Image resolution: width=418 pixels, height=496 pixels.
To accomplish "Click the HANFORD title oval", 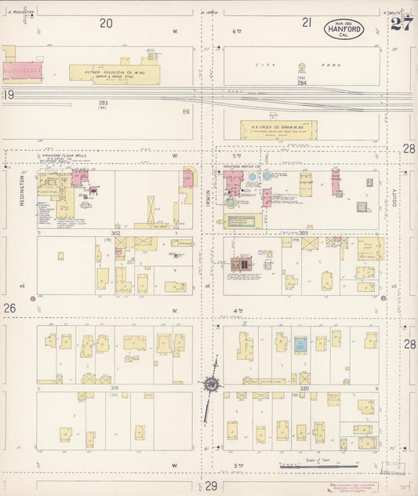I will pos(346,30).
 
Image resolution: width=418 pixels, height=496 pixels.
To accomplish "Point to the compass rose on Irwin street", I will pos(210,385).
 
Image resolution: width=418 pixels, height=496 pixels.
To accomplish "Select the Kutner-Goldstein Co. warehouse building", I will pos(114,75).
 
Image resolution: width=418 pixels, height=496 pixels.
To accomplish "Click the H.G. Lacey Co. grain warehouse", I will pos(278,129).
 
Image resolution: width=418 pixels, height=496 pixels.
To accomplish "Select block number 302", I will pos(115,233).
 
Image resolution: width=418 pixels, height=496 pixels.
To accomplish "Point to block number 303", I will pos(304,233).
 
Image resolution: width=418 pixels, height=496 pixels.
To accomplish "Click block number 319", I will pos(114,388).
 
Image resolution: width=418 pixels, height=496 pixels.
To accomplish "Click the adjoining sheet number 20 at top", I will pos(106,24).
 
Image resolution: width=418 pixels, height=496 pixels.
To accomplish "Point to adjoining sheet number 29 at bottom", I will pos(211,487).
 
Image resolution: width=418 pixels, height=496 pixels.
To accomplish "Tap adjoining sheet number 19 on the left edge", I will pos(9,95).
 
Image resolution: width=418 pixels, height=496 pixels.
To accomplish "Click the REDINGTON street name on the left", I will pos(23,191).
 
